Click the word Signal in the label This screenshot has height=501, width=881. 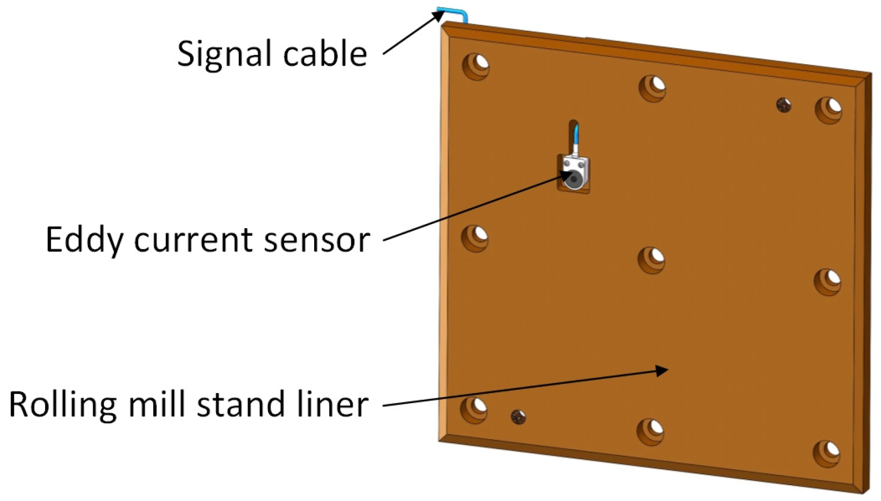tap(222, 54)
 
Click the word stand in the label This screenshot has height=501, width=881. tap(241, 405)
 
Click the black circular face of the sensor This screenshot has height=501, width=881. tap(573, 180)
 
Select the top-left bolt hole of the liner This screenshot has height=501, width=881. tap(476, 66)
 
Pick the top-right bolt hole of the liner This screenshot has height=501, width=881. tap(829, 110)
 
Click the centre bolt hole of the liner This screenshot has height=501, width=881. tap(652, 260)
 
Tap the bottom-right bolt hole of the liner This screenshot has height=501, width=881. tap(827, 453)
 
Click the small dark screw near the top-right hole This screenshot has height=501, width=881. tap(784, 105)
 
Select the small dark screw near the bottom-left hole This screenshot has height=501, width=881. tap(518, 417)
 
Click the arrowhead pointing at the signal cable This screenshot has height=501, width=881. tap(439, 16)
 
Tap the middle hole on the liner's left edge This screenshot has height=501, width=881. tap(475, 237)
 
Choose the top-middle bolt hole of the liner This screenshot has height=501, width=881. tap(653, 87)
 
